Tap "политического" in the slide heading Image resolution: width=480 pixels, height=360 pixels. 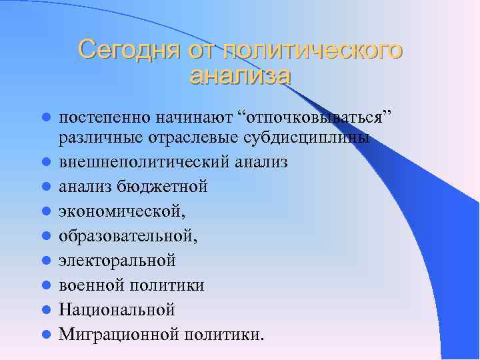click(313, 49)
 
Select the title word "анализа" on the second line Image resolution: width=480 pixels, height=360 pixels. click(240, 75)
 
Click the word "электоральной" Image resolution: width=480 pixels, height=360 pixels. click(117, 261)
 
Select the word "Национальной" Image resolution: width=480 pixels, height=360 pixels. click(117, 309)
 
